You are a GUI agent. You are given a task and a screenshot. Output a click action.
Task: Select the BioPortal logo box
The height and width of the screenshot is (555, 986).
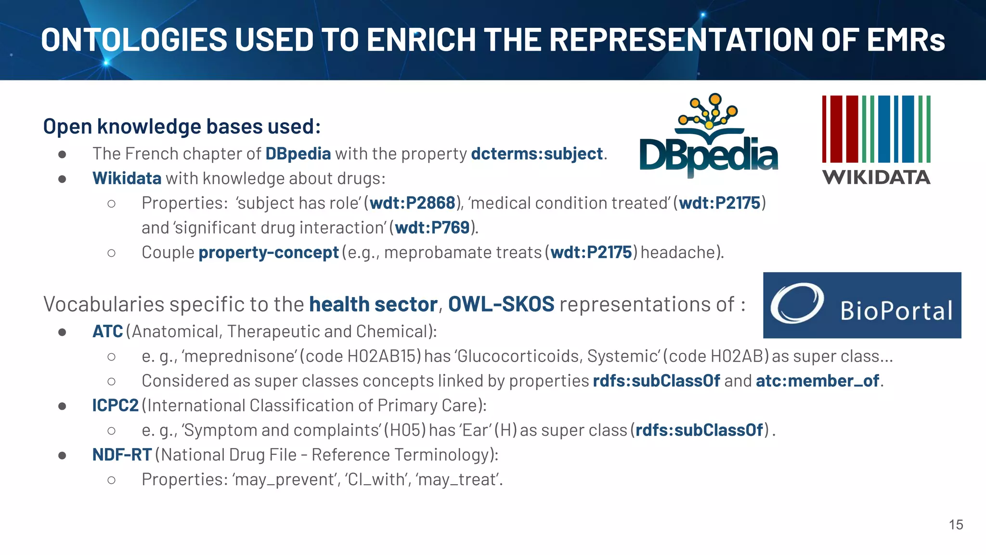[x=862, y=305]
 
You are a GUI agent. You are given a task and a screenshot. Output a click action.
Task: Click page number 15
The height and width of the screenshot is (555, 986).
[x=956, y=525]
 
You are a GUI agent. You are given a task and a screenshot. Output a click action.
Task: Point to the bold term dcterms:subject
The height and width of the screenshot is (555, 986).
[x=536, y=154]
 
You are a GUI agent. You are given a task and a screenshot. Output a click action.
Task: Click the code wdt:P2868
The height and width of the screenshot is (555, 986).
[x=412, y=203]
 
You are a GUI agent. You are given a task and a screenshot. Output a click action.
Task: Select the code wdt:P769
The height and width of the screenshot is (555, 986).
[x=432, y=227]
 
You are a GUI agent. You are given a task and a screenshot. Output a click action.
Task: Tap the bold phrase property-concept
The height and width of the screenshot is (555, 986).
[x=269, y=252]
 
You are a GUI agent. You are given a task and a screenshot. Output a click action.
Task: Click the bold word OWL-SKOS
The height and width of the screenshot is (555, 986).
[x=501, y=304]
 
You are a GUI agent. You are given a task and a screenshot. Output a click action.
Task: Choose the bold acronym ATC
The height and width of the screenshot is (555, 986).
[x=107, y=331]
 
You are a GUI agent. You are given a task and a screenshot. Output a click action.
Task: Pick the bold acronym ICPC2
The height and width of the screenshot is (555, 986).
[x=115, y=406]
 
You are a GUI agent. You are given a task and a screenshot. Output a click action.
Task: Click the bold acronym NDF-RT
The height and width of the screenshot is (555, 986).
[x=122, y=455]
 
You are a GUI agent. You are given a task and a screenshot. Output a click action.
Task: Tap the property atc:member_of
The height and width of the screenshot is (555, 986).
[x=817, y=381]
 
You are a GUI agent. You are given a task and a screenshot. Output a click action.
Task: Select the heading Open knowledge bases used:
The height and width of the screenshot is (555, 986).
[x=182, y=127]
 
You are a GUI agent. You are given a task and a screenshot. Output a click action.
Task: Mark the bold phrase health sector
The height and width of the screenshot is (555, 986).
[x=373, y=304]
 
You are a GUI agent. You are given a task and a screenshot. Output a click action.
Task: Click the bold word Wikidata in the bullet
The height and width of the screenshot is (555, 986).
[x=127, y=179]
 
